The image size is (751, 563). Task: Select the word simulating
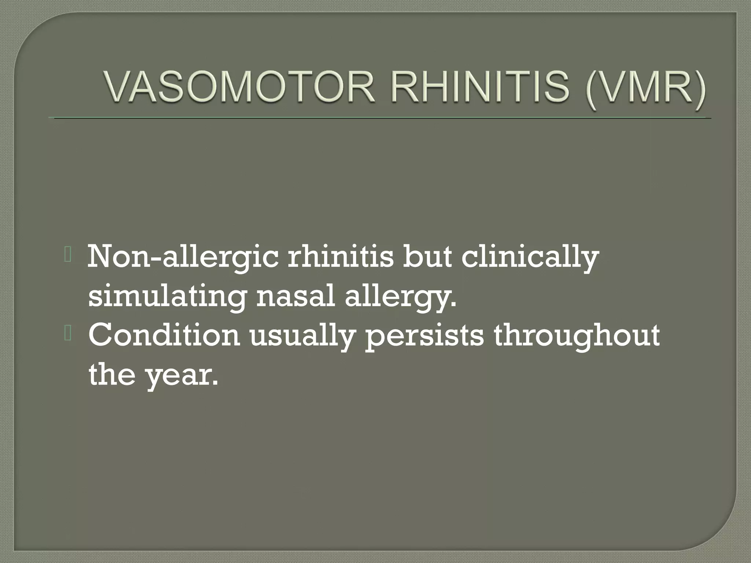coord(167,297)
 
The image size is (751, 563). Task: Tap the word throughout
coord(576,336)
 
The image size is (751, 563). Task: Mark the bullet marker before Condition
coord(68,334)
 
